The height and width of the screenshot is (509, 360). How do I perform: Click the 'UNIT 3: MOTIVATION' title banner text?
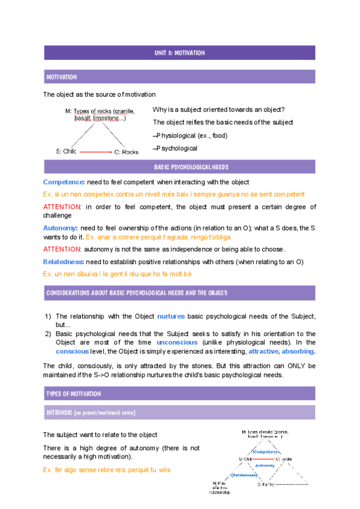click(179, 53)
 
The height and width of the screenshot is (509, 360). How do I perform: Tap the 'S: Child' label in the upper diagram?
click(66, 152)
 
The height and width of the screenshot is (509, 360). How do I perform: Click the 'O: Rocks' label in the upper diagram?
click(126, 152)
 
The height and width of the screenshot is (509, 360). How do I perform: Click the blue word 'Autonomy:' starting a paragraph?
click(60, 228)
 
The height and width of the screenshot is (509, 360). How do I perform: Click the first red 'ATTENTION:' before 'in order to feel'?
click(62, 207)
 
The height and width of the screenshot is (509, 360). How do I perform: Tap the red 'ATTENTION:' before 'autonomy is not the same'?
click(62, 249)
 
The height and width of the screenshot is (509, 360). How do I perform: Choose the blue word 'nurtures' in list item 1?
click(171, 316)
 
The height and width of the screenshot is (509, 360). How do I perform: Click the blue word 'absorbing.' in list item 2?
click(298, 351)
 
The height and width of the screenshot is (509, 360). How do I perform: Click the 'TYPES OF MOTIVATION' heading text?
click(73, 394)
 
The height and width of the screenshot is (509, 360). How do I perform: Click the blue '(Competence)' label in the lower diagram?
click(266, 451)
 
